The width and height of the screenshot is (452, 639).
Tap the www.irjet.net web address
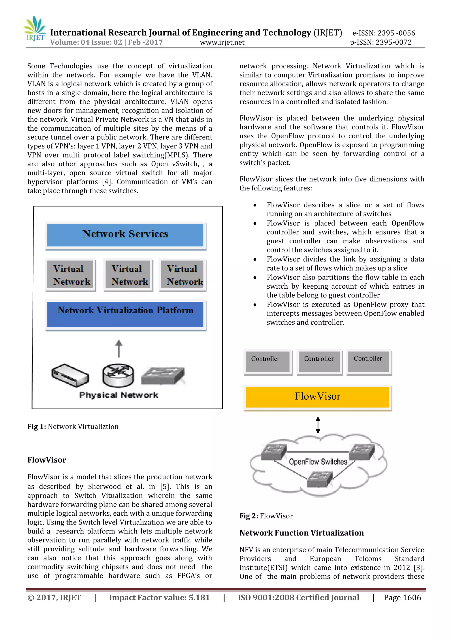(x=222, y=43)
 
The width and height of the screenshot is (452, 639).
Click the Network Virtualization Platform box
(x=125, y=314)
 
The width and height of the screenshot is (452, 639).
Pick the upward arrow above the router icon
(x=119, y=348)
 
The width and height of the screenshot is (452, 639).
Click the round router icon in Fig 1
(x=118, y=375)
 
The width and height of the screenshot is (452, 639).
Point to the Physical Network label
(x=119, y=395)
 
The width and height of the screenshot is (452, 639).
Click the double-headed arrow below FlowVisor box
(x=318, y=425)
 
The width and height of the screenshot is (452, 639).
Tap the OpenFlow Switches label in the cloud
(x=318, y=462)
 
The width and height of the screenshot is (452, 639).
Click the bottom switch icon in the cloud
(x=320, y=479)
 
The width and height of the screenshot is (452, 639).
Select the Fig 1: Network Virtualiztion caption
(x=73, y=427)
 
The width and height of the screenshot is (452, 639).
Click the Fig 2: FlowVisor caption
(x=266, y=516)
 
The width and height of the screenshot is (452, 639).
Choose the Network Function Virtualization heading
(x=301, y=533)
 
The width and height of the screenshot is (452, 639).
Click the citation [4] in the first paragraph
(x=107, y=182)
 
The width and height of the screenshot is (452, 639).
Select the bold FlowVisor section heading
(x=47, y=460)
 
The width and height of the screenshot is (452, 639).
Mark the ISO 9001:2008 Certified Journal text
(x=298, y=598)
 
